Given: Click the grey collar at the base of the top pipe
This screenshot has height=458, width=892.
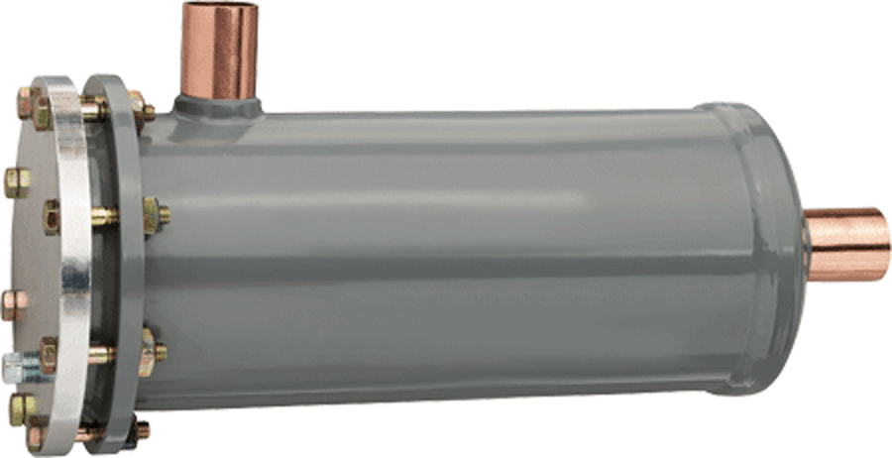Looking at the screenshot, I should (x=218, y=104).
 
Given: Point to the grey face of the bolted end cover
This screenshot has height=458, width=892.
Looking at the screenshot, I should (x=25, y=258).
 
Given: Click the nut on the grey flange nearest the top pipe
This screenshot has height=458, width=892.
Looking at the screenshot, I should (x=142, y=109).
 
